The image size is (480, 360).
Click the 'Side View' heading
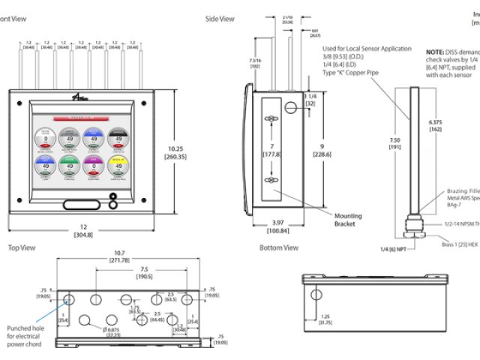(220, 19)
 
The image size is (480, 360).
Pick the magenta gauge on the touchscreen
(93, 165)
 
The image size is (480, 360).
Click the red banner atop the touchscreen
(81, 118)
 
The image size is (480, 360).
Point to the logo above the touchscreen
(81, 101)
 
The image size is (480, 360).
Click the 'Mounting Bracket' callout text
(348, 219)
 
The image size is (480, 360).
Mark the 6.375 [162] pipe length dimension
(435, 124)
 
